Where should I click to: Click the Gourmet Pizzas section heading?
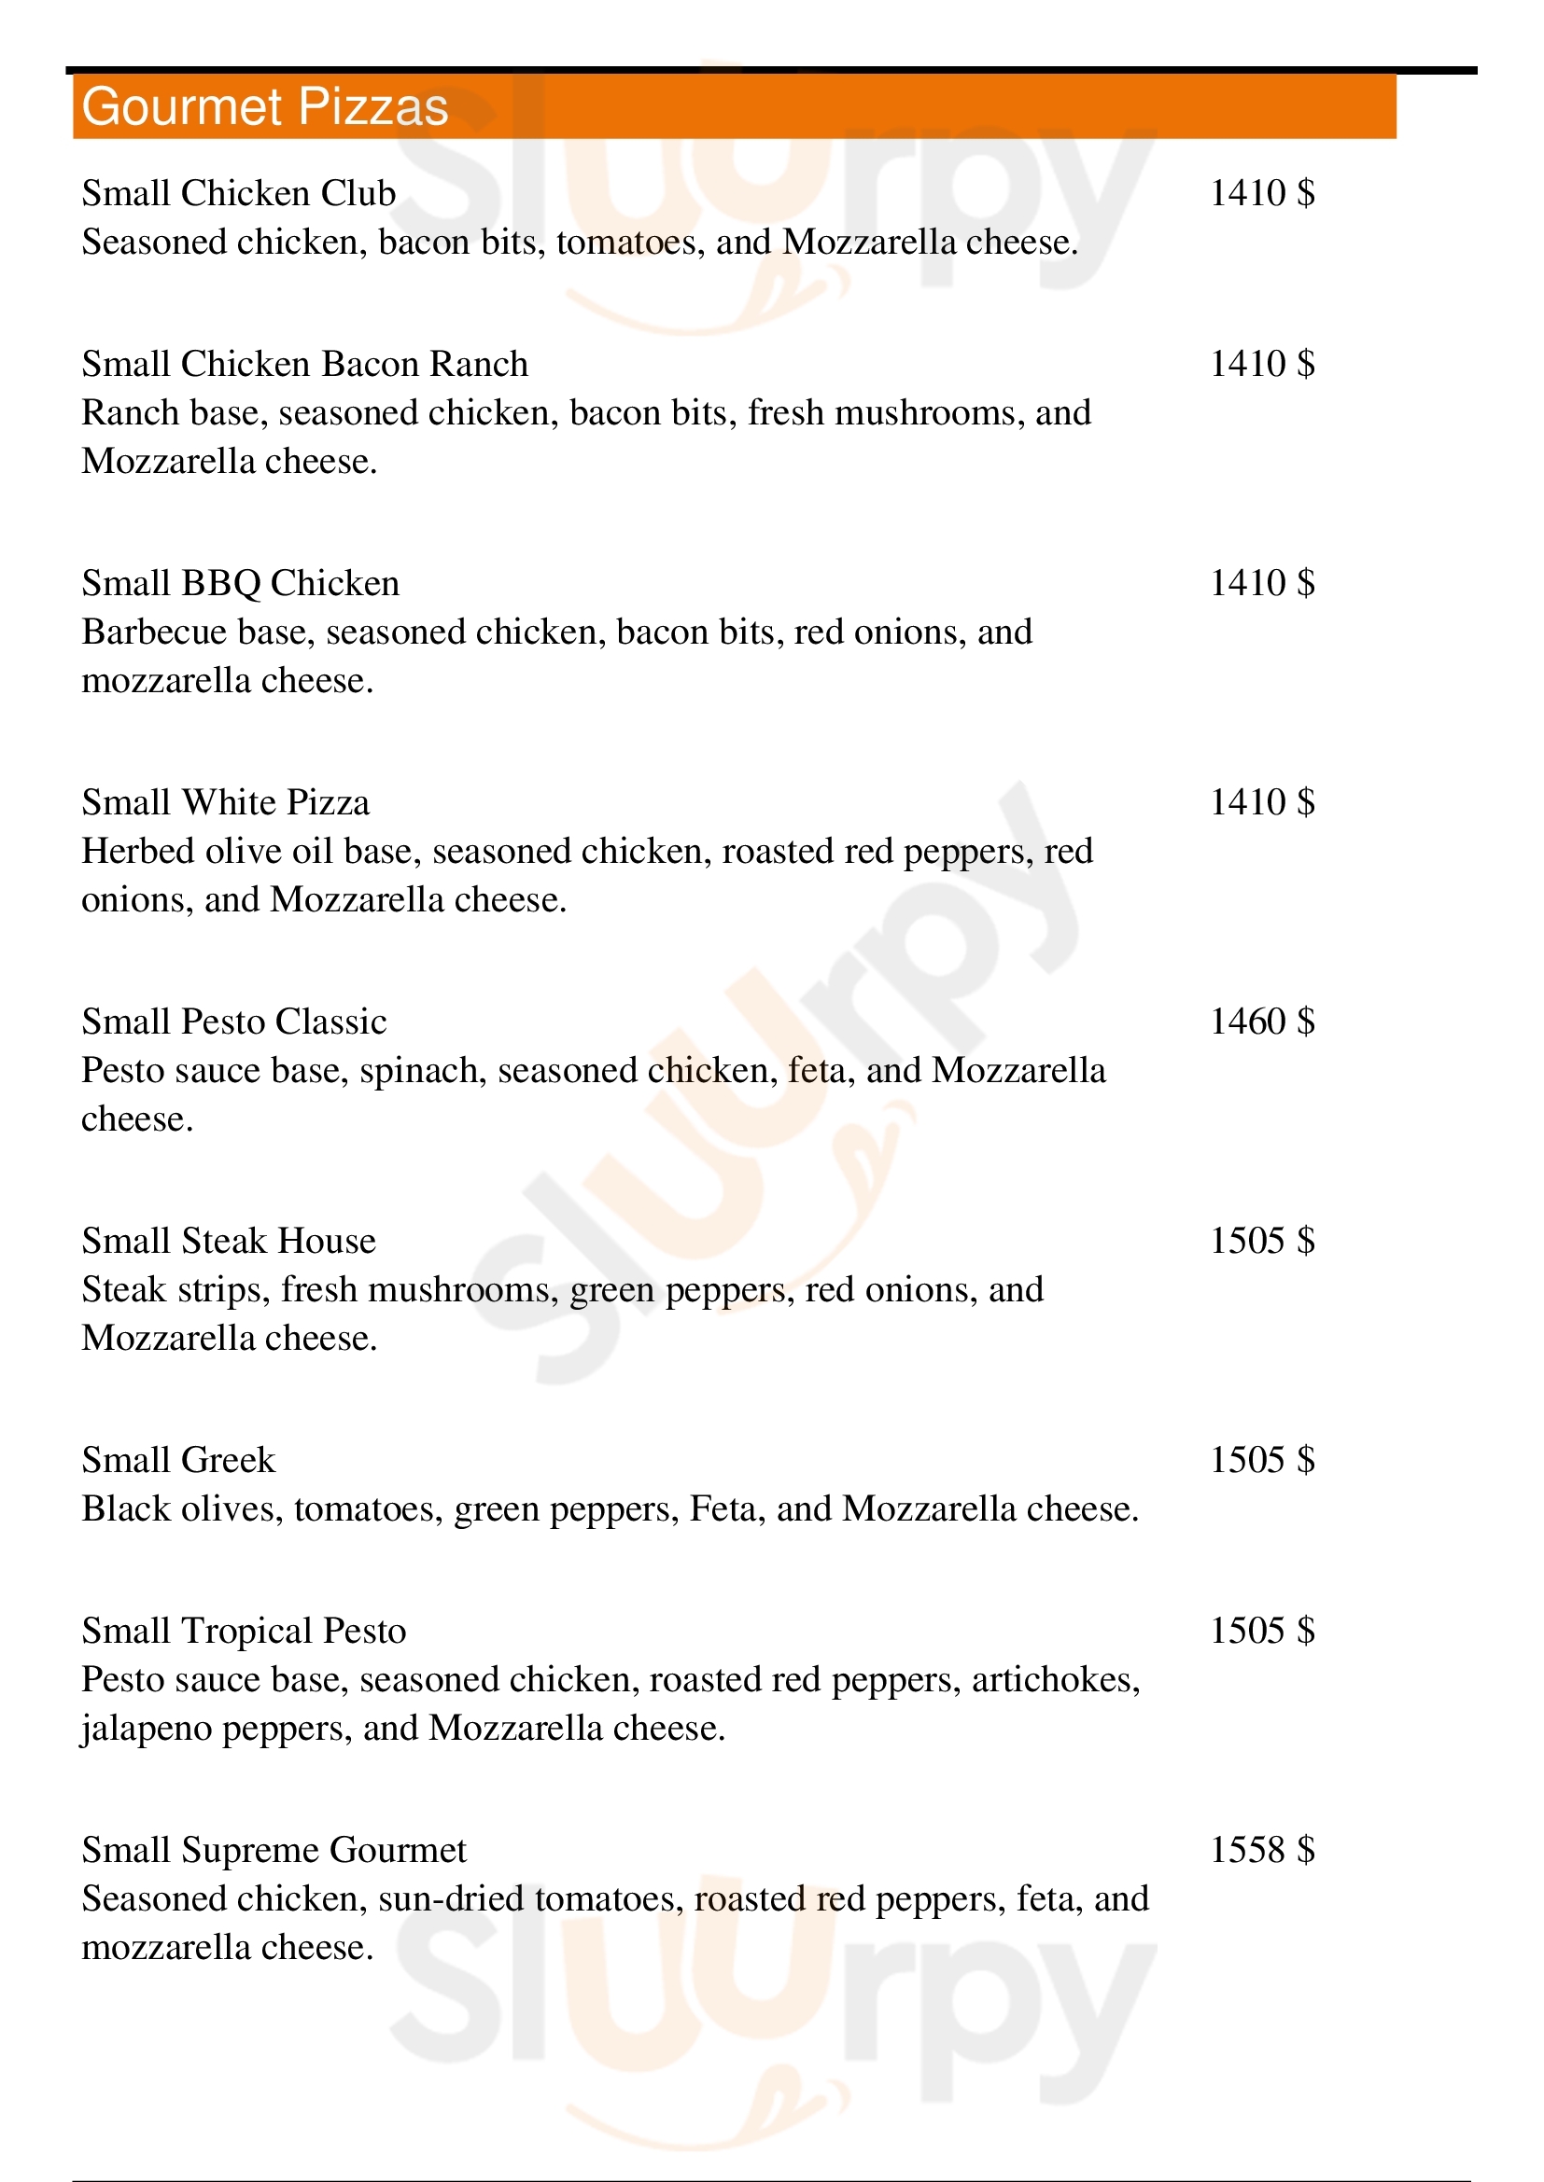pyautogui.click(x=264, y=106)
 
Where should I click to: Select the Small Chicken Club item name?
pyautogui.click(x=238, y=193)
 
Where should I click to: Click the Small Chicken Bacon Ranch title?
pyautogui.click(x=304, y=364)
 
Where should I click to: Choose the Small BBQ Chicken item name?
pyautogui.click(x=240, y=582)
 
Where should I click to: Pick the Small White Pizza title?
pyautogui.click(x=225, y=802)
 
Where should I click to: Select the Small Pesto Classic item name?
pyautogui.click(x=234, y=1022)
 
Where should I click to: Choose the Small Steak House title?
pyautogui.click(x=228, y=1241)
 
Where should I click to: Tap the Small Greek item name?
pyautogui.click(x=177, y=1460)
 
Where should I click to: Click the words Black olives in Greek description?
pyautogui.click(x=182, y=1509)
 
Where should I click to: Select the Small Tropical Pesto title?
pyautogui.click(x=244, y=1631)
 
